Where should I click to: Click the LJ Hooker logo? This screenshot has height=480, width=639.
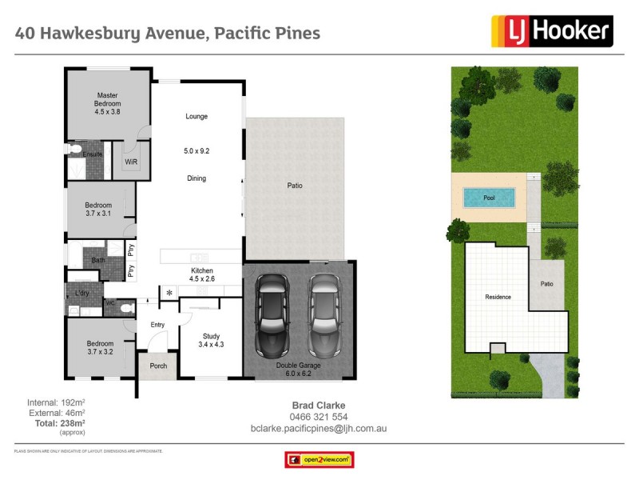click(x=550, y=32)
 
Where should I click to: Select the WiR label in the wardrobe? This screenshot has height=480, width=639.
click(x=131, y=161)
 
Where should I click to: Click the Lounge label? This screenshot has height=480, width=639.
click(x=196, y=117)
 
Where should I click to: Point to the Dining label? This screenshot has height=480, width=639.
click(x=196, y=178)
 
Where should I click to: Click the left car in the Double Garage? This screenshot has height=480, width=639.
click(x=272, y=316)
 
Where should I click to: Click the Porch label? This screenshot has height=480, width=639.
click(x=157, y=366)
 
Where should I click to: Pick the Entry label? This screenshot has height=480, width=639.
click(x=157, y=324)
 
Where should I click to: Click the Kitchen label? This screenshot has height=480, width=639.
click(x=201, y=271)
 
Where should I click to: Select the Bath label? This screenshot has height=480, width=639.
click(x=98, y=260)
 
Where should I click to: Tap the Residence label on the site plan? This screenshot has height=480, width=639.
click(x=498, y=297)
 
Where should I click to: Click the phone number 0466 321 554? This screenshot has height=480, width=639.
click(x=317, y=417)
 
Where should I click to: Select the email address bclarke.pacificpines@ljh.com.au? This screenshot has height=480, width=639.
click(x=318, y=429)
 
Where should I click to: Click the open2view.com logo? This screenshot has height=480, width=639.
click(x=319, y=460)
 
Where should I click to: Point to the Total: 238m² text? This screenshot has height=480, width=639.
click(x=56, y=422)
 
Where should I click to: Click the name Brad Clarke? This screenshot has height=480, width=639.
click(x=317, y=406)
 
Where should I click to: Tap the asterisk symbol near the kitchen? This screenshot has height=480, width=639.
click(x=169, y=294)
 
